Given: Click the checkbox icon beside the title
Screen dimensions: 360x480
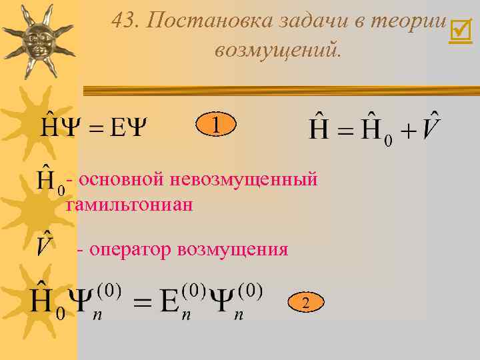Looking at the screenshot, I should coord(460,30).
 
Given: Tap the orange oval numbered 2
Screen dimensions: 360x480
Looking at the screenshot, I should coord(305,303).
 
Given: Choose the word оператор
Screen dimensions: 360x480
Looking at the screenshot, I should coord(131,249).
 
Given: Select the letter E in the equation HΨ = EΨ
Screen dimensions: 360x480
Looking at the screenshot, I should coord(118,127).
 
